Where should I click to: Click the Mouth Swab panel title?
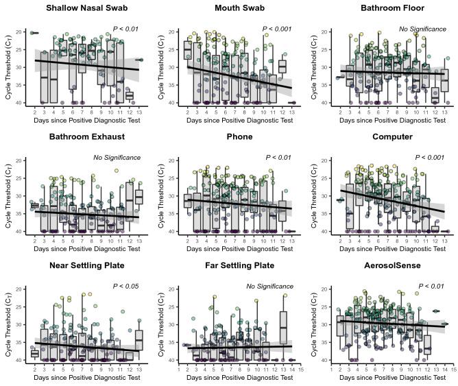coord(240,8)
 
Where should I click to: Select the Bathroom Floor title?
coord(392,8)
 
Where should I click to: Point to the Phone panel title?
coord(240,136)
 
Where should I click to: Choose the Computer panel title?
coord(392,136)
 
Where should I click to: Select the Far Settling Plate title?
coord(240,265)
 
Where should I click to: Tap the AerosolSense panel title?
coord(392,265)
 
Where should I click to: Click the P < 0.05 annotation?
coord(125,286)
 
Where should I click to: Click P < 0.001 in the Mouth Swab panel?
coord(277,29)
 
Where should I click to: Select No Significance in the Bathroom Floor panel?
coord(422,29)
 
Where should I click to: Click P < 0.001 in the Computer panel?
coord(430,157)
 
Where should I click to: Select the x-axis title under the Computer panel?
coord(392,249)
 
